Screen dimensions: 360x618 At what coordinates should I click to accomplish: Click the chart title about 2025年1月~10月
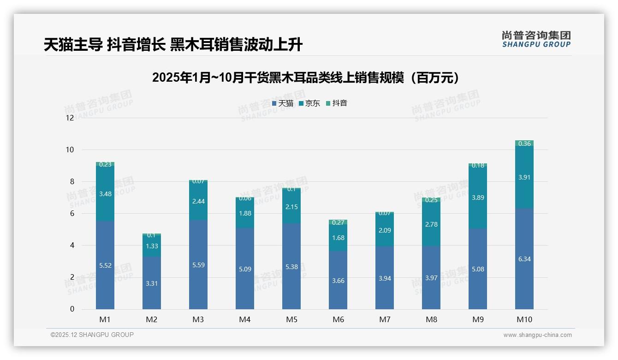coord(307,78)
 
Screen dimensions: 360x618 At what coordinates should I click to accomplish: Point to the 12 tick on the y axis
coord(70,118)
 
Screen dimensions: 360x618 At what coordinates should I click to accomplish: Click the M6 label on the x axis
coord(338,319)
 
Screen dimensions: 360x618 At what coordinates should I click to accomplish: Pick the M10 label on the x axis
coord(524,319)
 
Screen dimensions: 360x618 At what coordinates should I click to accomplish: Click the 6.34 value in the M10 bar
coord(524,259)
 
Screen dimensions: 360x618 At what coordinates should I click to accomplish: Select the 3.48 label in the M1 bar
coord(105,194)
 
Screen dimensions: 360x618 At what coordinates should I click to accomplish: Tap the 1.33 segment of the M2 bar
coord(152,246)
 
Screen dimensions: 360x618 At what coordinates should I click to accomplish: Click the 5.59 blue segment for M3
coord(198,265)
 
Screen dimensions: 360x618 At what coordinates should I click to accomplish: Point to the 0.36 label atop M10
coord(524,144)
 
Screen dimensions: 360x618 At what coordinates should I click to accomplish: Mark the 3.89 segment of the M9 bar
coord(478,198)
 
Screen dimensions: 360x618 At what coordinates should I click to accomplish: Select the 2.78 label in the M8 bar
coord(431,224)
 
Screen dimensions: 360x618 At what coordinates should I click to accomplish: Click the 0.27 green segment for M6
coord(338,222)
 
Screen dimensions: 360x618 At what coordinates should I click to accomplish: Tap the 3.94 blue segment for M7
coord(385,278)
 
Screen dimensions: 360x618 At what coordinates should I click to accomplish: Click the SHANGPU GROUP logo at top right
coord(536,39)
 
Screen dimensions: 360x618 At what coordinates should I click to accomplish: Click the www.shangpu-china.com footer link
coord(537,335)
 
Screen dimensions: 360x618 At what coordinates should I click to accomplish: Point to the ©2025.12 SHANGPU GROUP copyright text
coord(92,335)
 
